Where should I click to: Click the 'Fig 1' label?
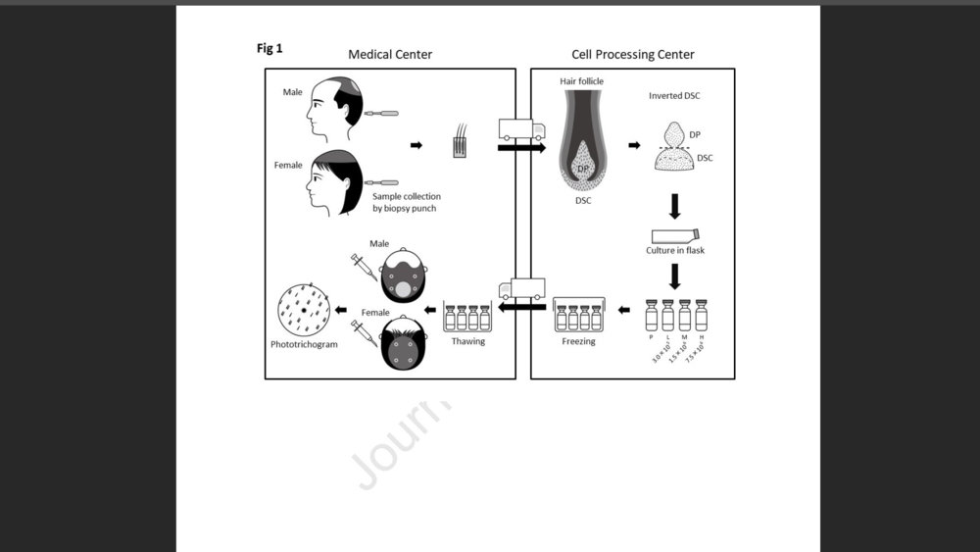click(x=269, y=48)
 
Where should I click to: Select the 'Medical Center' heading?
click(x=390, y=54)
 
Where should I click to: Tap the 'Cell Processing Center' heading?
click(x=633, y=54)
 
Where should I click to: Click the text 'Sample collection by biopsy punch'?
click(x=407, y=203)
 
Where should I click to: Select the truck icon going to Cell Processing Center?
click(x=520, y=129)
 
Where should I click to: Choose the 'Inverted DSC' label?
click(x=674, y=96)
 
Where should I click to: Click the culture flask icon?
click(x=674, y=235)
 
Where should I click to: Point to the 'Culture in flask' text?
click(x=675, y=251)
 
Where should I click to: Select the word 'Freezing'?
click(x=578, y=342)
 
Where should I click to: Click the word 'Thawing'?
click(x=467, y=342)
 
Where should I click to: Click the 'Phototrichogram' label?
click(x=304, y=345)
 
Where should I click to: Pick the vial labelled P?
click(x=651, y=315)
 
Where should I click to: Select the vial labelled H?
click(x=701, y=315)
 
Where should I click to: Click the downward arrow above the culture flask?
click(x=674, y=206)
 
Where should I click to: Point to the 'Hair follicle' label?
click(x=581, y=81)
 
